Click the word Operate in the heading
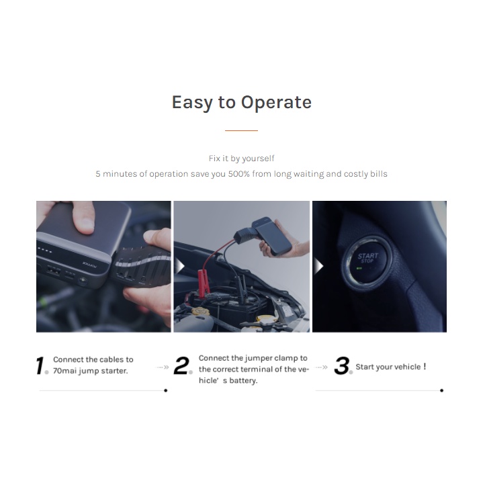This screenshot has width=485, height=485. pos(276,103)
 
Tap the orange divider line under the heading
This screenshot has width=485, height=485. pos(241,130)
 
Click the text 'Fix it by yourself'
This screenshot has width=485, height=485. pos(241,159)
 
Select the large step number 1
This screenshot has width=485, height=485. pos(41,365)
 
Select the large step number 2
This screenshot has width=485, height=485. pos(181,365)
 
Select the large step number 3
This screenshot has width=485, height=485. pos(342,365)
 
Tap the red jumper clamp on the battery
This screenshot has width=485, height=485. pos(205,282)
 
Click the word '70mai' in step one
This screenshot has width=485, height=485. pos(64,371)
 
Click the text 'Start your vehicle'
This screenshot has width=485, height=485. pos(388,367)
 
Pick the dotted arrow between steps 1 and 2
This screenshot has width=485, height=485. pos(163,367)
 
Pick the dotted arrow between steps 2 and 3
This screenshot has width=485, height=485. pos(321,367)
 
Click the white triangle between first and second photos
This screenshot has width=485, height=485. pos(179,266)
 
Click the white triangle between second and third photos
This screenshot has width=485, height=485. pos(318,266)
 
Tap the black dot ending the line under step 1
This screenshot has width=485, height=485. pos(166,390)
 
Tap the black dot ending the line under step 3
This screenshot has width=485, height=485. pos(442,390)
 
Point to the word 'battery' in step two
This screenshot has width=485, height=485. pos(243,381)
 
